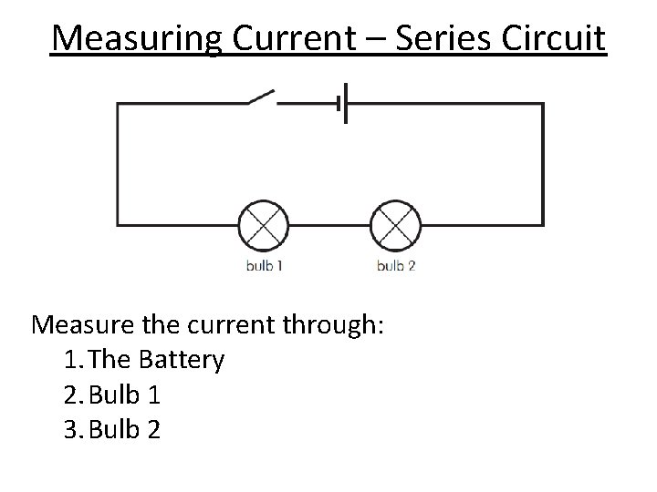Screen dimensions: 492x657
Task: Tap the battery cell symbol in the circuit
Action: pyautogui.click(x=342, y=103)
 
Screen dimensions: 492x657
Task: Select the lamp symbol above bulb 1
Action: pyautogui.click(x=263, y=224)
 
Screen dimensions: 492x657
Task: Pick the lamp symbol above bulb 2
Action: pyautogui.click(x=395, y=224)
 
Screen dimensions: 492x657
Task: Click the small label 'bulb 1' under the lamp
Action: pyautogui.click(x=264, y=266)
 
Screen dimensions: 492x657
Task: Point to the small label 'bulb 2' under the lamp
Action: pyautogui.click(x=395, y=266)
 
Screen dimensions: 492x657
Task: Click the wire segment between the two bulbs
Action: pyautogui.click(x=329, y=224)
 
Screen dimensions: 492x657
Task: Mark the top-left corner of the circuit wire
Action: pyautogui.click(x=117, y=104)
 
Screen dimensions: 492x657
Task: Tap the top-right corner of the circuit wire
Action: pyautogui.click(x=543, y=104)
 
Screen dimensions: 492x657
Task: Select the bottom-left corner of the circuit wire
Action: pyautogui.click(x=117, y=224)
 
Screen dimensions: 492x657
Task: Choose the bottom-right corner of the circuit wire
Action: pyautogui.click(x=543, y=224)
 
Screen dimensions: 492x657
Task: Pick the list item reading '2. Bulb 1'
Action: pyautogui.click(x=113, y=395)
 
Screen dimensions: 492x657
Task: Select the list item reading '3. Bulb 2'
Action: pyautogui.click(x=113, y=428)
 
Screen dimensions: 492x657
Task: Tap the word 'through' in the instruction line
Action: pyautogui.click(x=328, y=325)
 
